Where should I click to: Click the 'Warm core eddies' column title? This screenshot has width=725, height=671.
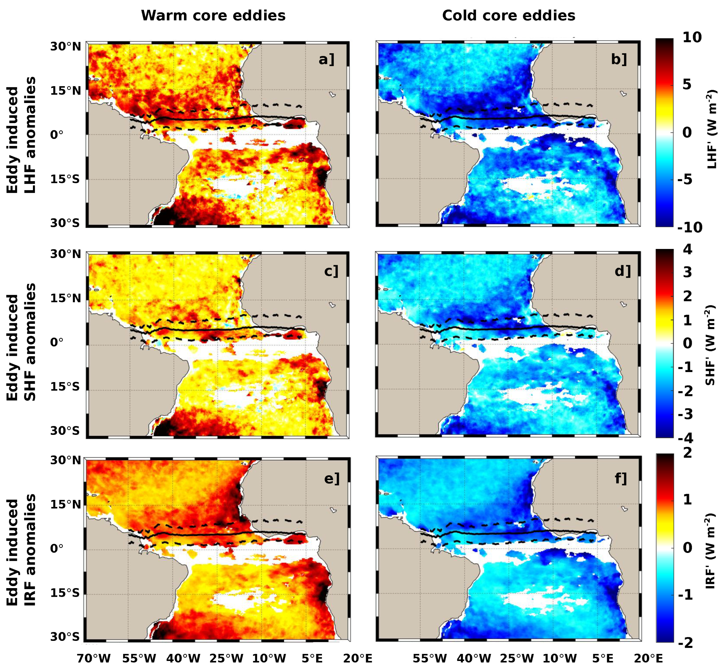click(213, 16)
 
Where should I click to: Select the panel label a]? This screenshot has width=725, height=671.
click(326, 59)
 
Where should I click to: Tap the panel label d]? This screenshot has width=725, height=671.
click(623, 270)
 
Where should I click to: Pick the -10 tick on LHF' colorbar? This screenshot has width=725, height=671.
click(689, 227)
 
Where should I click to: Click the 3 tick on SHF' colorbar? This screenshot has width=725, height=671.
click(687, 272)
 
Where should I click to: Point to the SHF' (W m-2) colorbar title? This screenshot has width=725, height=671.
click(710, 345)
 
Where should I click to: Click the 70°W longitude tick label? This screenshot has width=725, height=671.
click(94, 658)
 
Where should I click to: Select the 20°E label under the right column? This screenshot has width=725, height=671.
click(648, 658)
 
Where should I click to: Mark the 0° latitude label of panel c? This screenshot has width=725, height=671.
click(57, 342)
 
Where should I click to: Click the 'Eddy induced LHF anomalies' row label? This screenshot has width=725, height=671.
click(21, 135)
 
